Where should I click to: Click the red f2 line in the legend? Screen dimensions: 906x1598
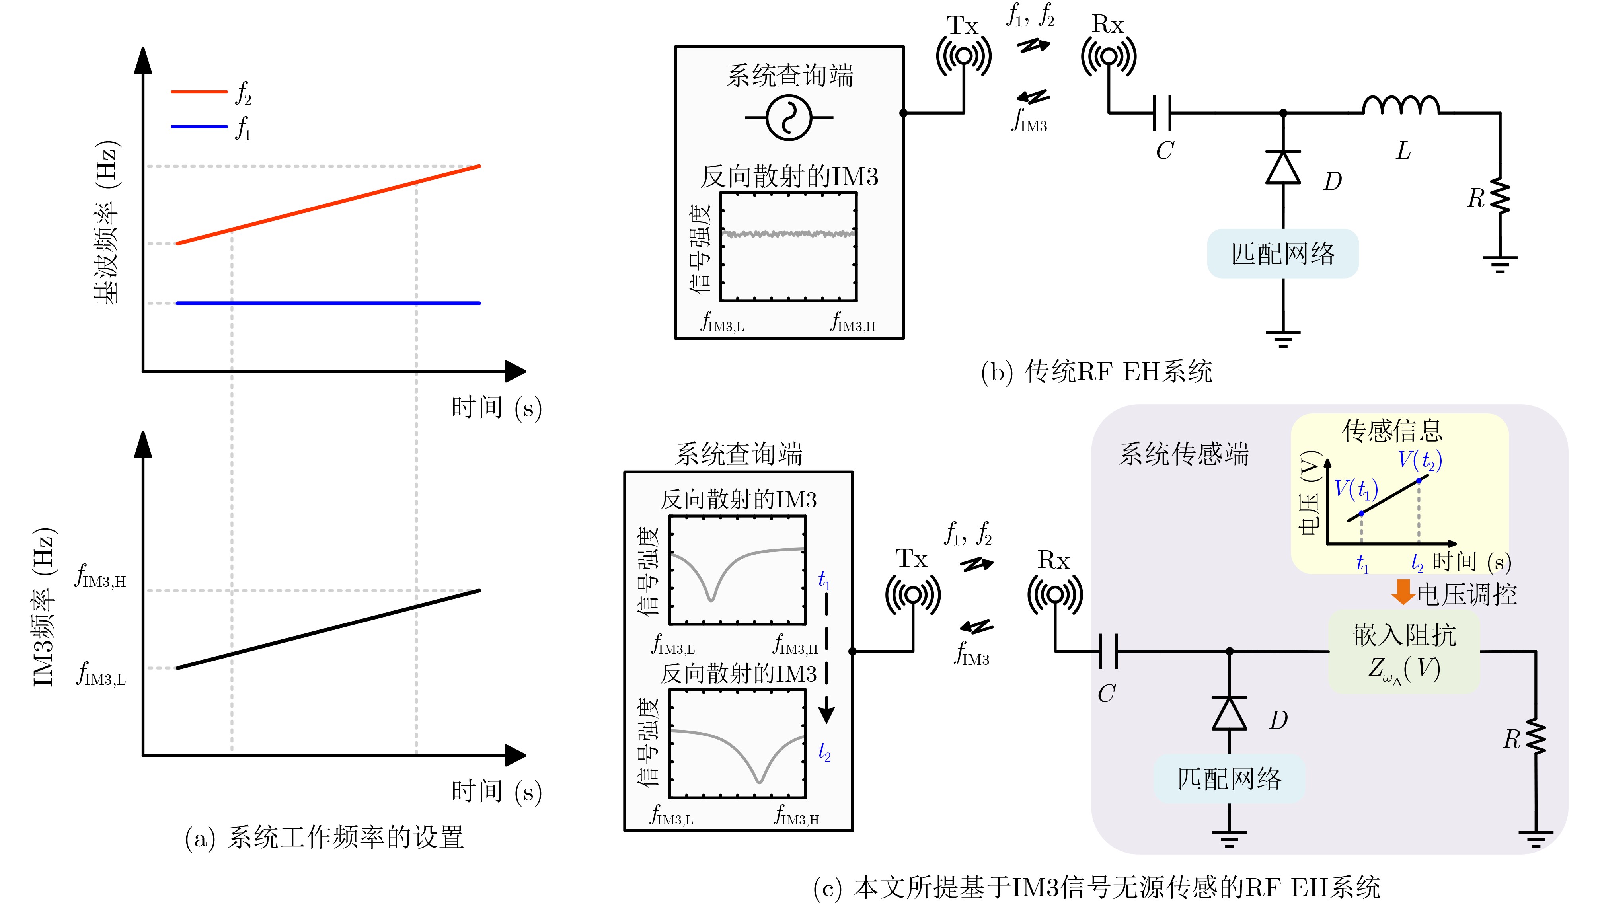(199, 92)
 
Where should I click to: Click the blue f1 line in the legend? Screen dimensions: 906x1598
(199, 126)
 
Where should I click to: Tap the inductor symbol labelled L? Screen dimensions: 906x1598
(1400, 106)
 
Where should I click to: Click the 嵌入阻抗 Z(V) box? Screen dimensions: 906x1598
(1404, 651)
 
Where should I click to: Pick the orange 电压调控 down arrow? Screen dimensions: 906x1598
(1403, 592)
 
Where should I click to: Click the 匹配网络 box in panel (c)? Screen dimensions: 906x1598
(1229, 778)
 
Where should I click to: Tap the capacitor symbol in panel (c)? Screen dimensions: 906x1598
(1108, 651)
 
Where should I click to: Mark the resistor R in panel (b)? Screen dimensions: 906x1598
(1500, 198)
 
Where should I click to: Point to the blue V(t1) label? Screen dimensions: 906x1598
(1356, 489)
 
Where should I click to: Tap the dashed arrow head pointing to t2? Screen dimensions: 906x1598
(826, 713)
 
